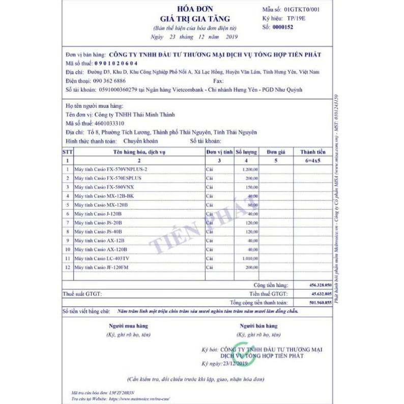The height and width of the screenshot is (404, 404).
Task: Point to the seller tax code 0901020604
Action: (116, 63)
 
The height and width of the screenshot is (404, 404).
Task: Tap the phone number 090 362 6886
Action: (109, 81)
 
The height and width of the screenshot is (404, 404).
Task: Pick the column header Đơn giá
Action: (275, 152)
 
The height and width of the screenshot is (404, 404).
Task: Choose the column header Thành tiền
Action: (312, 152)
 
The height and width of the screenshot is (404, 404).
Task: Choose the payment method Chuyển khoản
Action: (140, 140)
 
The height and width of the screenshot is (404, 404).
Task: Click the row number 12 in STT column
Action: (67, 267)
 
